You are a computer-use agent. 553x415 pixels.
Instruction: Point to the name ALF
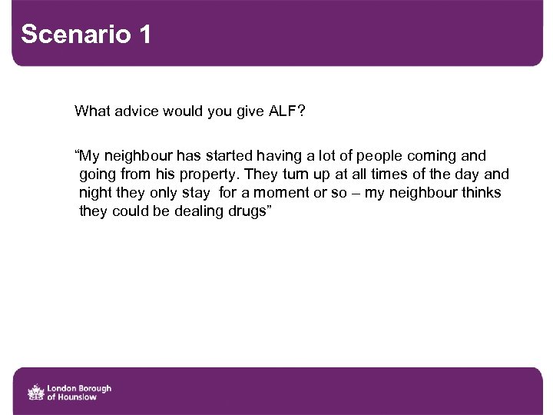pyautogui.click(x=283, y=111)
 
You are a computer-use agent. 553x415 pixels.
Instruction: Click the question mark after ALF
pyautogui.click(x=302, y=111)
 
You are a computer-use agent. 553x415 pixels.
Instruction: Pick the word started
pyautogui.click(x=232, y=156)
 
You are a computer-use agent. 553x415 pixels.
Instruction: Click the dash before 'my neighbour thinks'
pyautogui.click(x=355, y=193)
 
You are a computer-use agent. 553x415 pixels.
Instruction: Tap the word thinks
pyautogui.click(x=482, y=193)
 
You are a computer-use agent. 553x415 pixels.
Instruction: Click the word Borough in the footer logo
pyautogui.click(x=94, y=388)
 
